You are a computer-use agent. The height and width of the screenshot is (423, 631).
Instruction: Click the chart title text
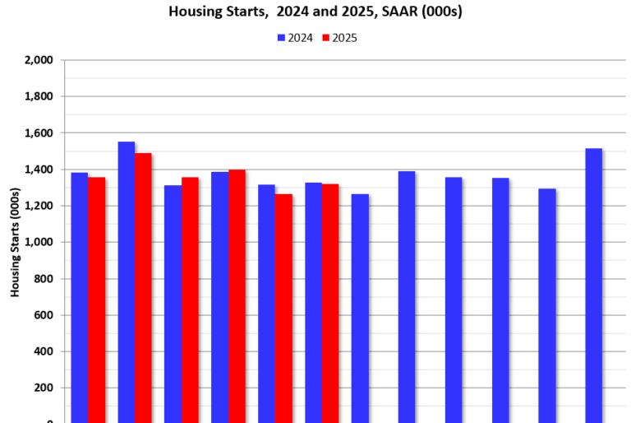tap(315, 12)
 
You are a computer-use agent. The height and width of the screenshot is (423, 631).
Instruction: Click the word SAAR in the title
tap(401, 12)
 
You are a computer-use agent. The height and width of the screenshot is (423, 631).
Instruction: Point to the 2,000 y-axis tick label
tap(39, 60)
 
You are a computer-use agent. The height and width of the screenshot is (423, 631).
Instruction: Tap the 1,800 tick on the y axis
tap(39, 96)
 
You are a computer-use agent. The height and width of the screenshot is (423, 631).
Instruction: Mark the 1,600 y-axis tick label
tap(39, 133)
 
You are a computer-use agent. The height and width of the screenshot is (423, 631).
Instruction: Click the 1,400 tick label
tap(39, 170)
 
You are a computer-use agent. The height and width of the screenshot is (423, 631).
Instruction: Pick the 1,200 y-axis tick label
tap(39, 206)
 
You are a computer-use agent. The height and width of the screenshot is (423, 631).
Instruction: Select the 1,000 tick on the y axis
tap(39, 242)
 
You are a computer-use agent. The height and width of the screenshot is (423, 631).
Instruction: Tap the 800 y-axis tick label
tap(44, 279)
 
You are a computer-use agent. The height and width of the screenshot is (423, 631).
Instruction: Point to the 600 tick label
tap(44, 315)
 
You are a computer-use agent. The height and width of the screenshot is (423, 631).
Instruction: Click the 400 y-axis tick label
tap(44, 351)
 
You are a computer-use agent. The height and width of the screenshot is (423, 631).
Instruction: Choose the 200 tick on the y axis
tap(44, 388)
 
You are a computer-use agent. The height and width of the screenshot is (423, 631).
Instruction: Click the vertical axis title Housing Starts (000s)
tap(15, 247)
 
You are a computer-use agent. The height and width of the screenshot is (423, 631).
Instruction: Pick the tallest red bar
tap(143, 288)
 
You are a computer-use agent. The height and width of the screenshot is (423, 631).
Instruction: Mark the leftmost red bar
tap(97, 300)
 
